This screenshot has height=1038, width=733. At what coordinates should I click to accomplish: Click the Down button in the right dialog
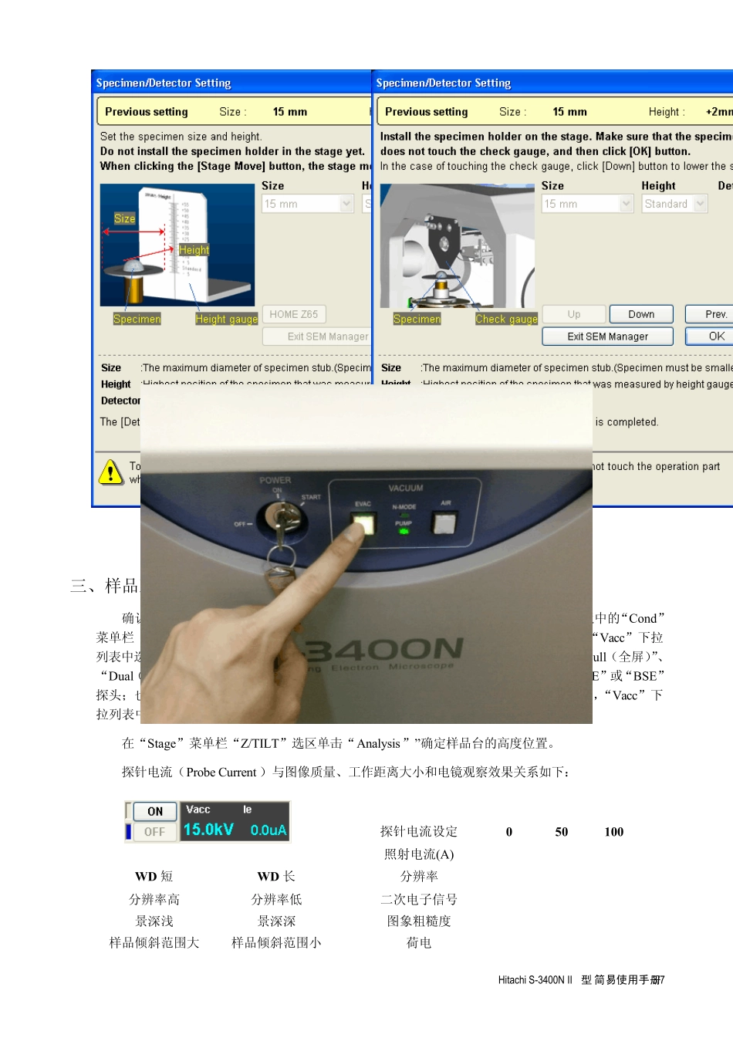[x=640, y=314]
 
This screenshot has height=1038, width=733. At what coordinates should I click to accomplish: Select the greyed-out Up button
[x=573, y=314]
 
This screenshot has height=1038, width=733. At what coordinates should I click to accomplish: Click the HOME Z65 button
[x=293, y=314]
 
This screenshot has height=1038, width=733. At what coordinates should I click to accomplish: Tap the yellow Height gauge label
[x=226, y=320]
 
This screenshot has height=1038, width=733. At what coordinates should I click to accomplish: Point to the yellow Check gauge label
[x=506, y=320]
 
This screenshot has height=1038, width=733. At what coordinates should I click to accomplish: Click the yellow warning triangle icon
[x=111, y=472]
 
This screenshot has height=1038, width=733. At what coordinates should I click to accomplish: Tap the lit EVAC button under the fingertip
[x=363, y=524]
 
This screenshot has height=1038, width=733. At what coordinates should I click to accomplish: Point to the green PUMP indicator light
[x=404, y=532]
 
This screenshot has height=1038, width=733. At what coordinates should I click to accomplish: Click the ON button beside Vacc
[x=155, y=811]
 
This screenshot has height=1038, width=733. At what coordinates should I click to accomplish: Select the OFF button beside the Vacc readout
[x=155, y=832]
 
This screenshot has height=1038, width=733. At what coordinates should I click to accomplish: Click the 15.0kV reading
[x=208, y=830]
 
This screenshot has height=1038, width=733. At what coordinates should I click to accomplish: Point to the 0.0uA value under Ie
[x=268, y=830]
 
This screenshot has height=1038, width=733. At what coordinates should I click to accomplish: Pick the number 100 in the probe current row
[x=614, y=832]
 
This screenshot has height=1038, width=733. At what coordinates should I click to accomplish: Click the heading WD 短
[x=154, y=877]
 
